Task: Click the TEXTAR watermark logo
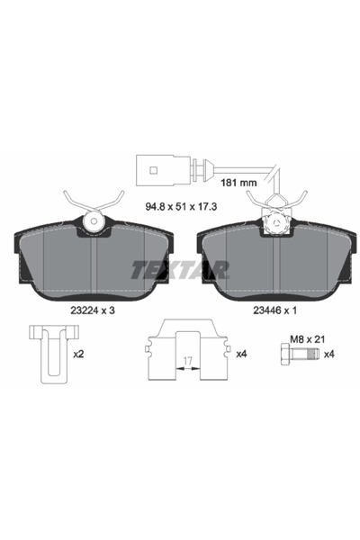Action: tap(179, 268)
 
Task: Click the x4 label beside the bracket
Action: tap(240, 354)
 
